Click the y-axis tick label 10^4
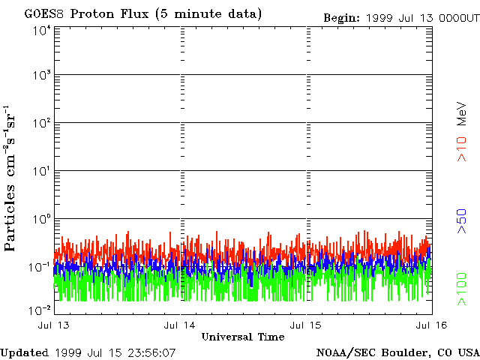coord(41,30)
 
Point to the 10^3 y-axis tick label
coord(41,76)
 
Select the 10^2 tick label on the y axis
coord(41,123)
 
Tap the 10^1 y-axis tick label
coord(41,171)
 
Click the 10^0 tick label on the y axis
coord(41,219)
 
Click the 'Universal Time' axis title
coord(243,337)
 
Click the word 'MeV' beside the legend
coord(463,112)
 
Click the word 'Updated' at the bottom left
coord(25,352)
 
